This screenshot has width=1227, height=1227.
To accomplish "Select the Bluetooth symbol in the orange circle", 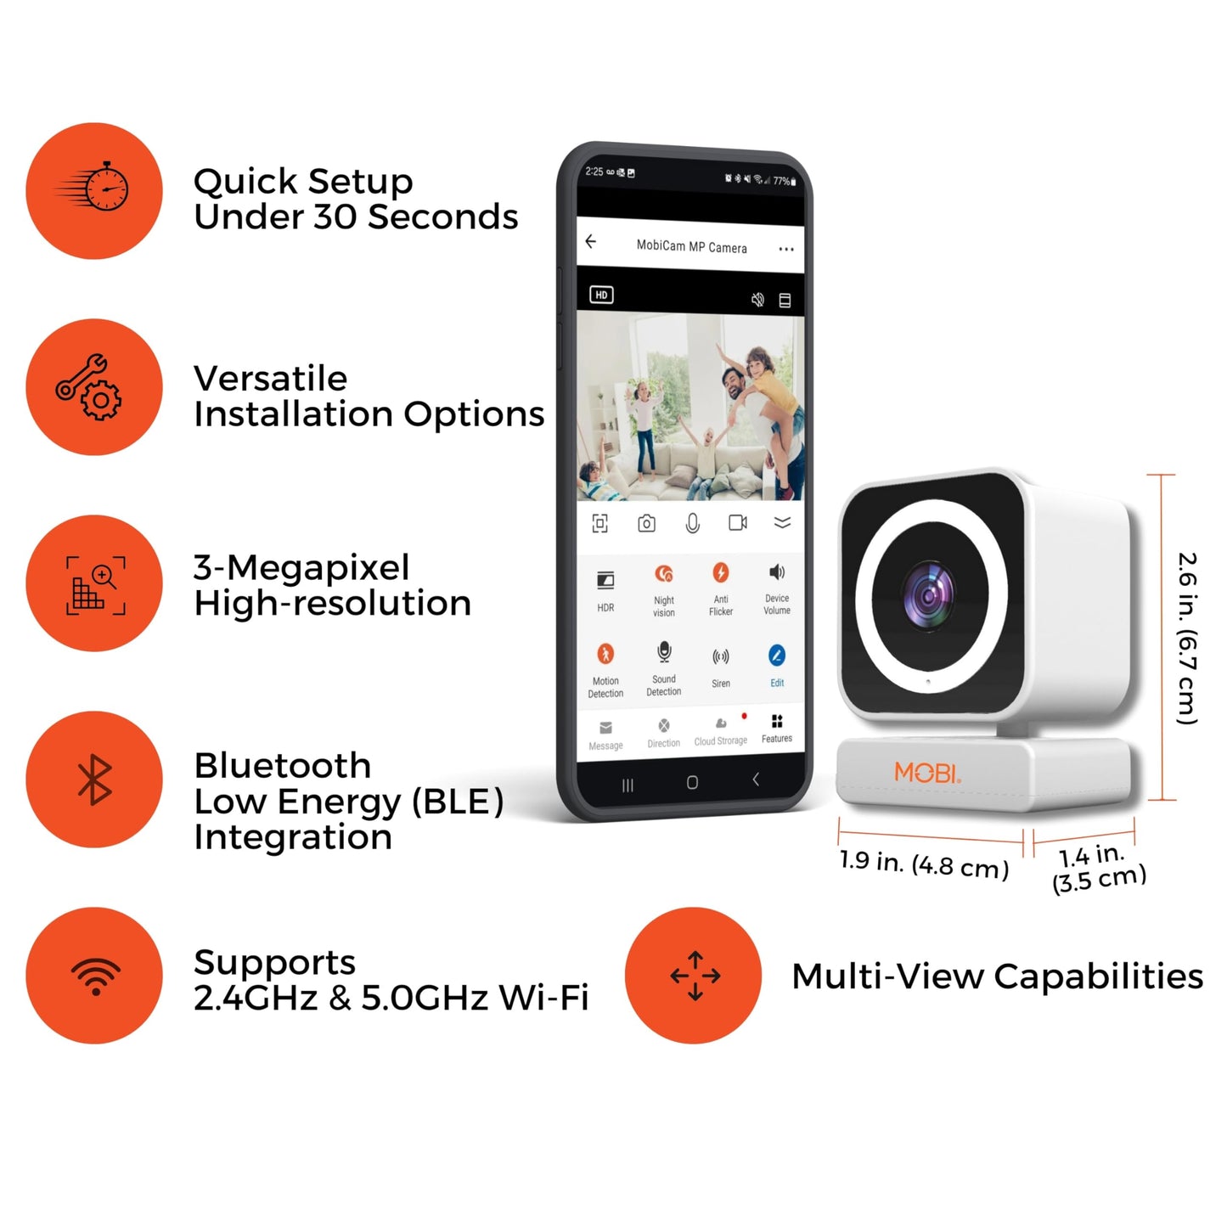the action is pos(94,780).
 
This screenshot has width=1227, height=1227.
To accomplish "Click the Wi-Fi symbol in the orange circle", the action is pos(95,977).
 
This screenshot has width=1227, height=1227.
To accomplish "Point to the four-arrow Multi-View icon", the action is pos(695,976).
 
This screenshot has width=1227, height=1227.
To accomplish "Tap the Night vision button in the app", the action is pos(664,574).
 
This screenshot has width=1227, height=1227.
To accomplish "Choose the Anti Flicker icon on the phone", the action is pos(721,572).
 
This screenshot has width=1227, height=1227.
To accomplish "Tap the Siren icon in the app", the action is pos(721,656).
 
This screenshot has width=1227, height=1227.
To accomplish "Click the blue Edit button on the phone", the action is pos(777,656).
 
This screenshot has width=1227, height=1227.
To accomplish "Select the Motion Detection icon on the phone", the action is pos(605,654).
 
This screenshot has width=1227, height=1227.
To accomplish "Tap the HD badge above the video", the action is pos(602,295).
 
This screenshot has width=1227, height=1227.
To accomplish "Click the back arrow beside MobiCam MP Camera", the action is pos(591,241).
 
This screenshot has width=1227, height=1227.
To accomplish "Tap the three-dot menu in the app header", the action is pos(786,249).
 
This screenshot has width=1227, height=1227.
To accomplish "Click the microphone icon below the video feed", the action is pos(693,523).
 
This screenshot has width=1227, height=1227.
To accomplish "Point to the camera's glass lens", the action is pos(928,596).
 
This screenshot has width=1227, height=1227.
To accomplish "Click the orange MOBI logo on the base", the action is pos(927,773).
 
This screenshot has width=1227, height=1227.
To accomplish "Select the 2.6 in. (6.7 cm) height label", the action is pos(1187,639).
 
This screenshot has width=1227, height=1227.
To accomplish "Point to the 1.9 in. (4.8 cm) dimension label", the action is pos(924,864).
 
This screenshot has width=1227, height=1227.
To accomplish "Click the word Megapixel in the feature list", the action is pos(318,568).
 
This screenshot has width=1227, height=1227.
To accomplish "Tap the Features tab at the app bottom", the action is pos(777,729).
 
